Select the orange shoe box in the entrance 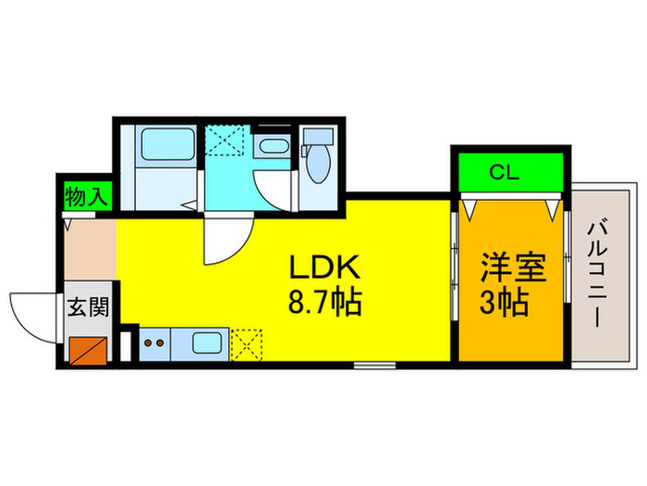[x=89, y=349]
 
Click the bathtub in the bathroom [x=167, y=149]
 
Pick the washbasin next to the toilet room [x=272, y=145]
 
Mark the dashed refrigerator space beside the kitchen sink [x=246, y=344]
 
